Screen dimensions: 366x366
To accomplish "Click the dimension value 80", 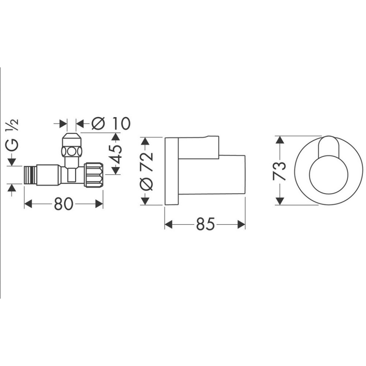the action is pyautogui.click(x=63, y=204).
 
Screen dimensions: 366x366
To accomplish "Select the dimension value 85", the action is pyautogui.click(x=205, y=224).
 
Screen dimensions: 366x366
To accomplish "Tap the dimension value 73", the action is pyautogui.click(x=279, y=171).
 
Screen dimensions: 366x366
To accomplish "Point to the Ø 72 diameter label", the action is pyautogui.click(x=146, y=171).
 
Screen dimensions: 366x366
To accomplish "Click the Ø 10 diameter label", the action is pyautogui.click(x=111, y=123).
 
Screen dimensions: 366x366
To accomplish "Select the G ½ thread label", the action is pyautogui.click(x=12, y=135).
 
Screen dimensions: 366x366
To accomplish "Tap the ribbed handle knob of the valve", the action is pyautogui.click(x=93, y=175).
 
